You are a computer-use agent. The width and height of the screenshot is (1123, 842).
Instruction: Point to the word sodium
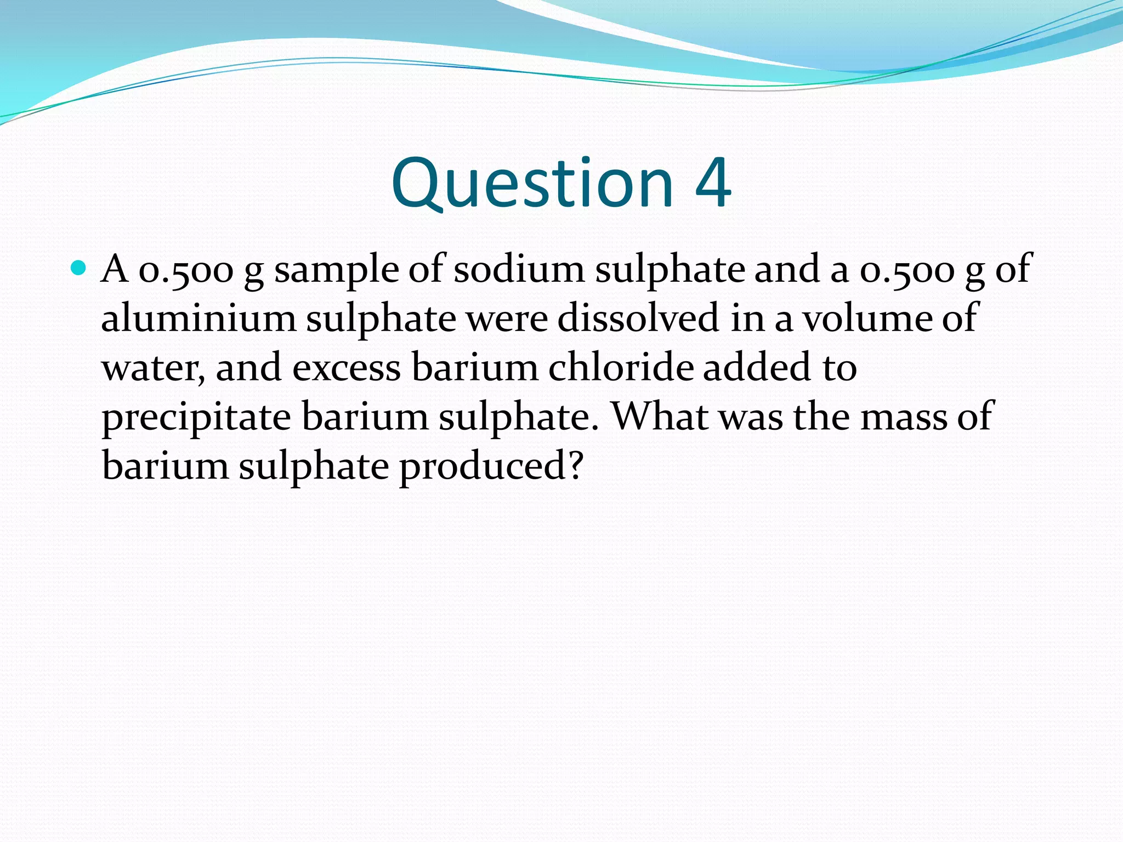point(519,269)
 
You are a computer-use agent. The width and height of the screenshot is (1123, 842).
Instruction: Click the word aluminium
point(198,318)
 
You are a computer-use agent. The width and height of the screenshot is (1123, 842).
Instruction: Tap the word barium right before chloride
point(475,367)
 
